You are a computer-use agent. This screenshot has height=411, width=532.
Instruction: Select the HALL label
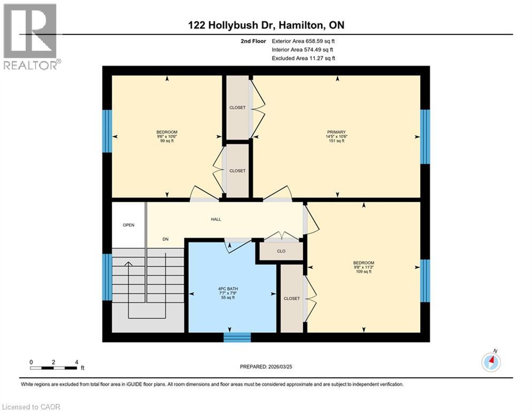coord(215,219)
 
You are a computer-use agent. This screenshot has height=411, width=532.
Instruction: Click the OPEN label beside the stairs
coord(128,225)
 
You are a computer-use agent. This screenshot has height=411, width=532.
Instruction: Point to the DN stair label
coord(166,239)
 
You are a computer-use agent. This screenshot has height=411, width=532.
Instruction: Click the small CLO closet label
coord(281,250)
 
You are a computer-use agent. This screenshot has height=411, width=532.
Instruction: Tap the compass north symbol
coord(491,362)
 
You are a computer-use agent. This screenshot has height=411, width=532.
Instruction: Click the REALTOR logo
coord(30,36)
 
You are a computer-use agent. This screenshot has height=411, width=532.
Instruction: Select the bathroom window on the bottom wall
coord(237,337)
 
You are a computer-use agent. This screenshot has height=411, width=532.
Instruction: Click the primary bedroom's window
coord(425,136)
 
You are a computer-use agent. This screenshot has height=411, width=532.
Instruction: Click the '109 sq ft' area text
coord(363,272)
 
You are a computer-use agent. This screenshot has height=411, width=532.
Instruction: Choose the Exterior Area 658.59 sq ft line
coord(303,41)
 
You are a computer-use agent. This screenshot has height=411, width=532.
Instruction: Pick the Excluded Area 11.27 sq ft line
coord(303,58)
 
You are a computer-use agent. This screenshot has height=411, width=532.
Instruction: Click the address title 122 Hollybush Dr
coord(265,25)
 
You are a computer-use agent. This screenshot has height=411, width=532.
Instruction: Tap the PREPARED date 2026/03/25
coord(267,367)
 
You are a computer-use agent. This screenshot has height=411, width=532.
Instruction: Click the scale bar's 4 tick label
coord(77,362)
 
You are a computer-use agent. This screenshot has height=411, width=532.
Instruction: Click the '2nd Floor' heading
coord(254,41)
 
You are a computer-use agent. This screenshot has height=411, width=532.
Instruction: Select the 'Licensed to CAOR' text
coord(31,407)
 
